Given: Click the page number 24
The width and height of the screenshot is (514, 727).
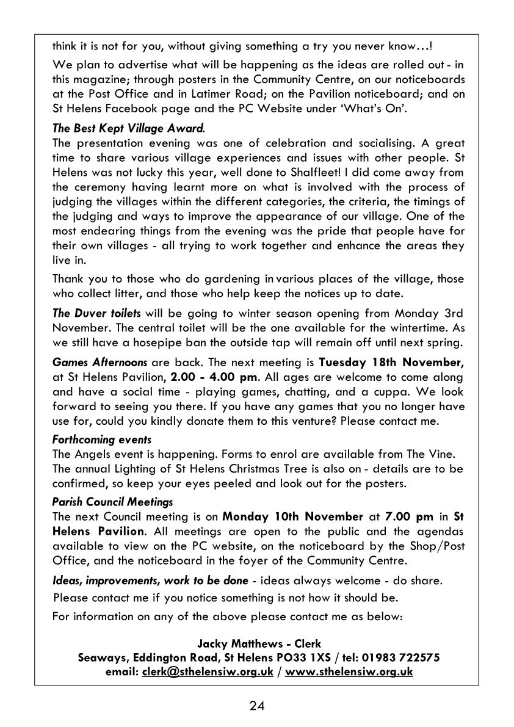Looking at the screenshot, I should (257, 706).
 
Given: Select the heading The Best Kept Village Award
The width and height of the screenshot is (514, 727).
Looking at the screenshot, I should (129, 129).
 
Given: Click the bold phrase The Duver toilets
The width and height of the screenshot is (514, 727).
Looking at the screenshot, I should (96, 313).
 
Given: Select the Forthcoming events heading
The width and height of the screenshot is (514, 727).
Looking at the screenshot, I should (102, 439).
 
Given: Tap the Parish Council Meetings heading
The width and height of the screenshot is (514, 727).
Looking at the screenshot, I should (113, 502).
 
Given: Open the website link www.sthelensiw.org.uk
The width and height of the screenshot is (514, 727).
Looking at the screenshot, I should (349, 672).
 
